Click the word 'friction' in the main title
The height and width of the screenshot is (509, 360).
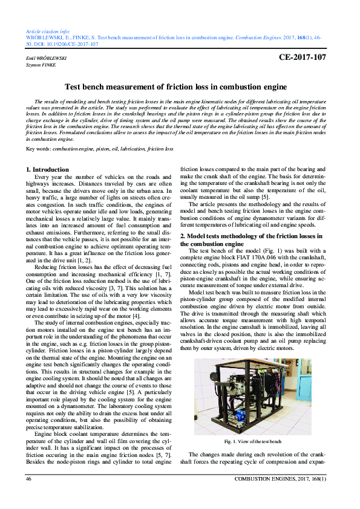pyautogui.click(x=180, y=87)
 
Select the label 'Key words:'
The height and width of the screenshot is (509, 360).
pyautogui.click(x=39, y=148)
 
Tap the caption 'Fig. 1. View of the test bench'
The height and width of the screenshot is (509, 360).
pyautogui.click(x=252, y=442)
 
